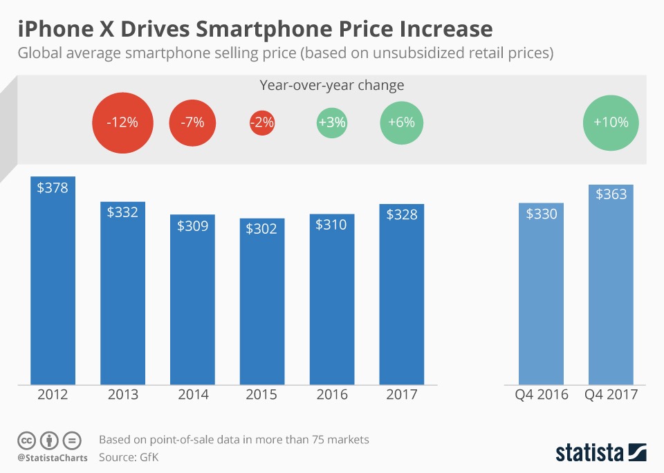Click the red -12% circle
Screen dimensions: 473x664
[x=122, y=123]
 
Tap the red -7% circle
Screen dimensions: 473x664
[x=192, y=123]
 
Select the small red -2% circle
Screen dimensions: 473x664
[x=262, y=123]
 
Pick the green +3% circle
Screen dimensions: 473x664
[x=332, y=123]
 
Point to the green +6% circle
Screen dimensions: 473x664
[x=402, y=123]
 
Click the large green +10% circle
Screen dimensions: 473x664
[x=611, y=122]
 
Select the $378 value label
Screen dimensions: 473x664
[x=53, y=187]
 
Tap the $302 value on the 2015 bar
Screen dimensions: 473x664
[x=262, y=228]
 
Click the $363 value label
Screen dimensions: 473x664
[x=611, y=194]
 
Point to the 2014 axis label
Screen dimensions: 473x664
[x=192, y=395]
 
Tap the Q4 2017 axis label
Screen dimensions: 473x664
[x=611, y=395]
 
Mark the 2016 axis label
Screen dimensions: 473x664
[x=332, y=395]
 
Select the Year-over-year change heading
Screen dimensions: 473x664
[x=332, y=86]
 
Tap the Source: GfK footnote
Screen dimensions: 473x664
[x=129, y=457]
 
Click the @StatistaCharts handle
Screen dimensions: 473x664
[x=53, y=458]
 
